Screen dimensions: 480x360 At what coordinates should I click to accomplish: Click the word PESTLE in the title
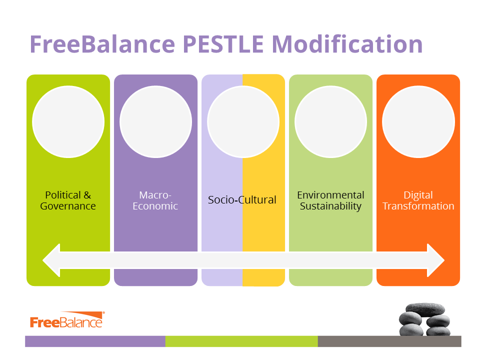[x=223, y=44]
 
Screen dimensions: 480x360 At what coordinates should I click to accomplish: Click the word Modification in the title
[x=347, y=44]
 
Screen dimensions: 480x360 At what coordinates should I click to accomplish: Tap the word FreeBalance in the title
[x=102, y=44]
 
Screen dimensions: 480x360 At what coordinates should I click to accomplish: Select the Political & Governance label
[x=68, y=200]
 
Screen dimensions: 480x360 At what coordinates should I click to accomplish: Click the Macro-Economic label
[x=155, y=200]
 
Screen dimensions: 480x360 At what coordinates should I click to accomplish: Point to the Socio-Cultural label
[x=242, y=200]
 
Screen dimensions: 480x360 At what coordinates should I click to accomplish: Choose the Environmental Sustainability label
[x=330, y=200]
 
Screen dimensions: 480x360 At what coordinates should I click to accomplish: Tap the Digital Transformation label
[x=418, y=200]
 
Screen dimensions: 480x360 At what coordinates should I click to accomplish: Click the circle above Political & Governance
[x=68, y=122]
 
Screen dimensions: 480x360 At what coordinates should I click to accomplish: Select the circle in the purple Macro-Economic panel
[x=156, y=122]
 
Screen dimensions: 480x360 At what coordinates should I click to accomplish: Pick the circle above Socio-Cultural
[x=243, y=122]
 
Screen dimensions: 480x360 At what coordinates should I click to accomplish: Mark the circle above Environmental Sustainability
[x=331, y=122]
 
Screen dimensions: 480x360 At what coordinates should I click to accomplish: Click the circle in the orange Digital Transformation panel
[x=418, y=122]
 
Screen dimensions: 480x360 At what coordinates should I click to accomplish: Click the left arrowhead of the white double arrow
[x=51, y=260]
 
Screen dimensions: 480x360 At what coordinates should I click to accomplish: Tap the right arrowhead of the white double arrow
[x=435, y=260]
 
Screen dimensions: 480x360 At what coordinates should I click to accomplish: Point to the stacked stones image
[x=424, y=319]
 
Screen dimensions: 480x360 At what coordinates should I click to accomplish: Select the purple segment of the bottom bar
[x=95, y=341]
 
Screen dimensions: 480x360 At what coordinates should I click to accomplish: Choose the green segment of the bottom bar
[x=241, y=341]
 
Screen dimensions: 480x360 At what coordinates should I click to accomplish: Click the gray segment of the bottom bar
[x=389, y=341]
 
